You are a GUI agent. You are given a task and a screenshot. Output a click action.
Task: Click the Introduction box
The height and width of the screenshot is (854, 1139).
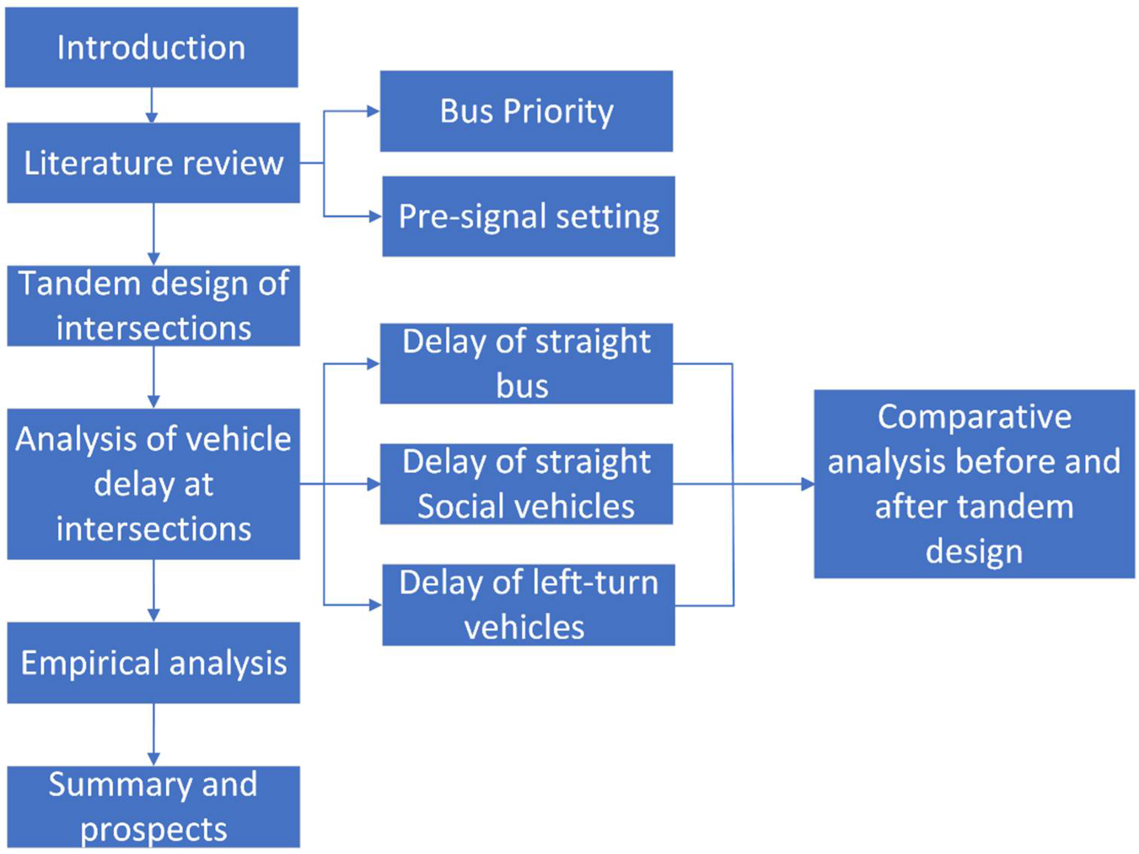click(152, 47)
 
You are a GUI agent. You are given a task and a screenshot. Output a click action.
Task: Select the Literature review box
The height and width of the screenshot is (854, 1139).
click(153, 163)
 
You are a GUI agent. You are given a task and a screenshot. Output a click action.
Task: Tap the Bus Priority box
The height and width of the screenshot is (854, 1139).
click(526, 111)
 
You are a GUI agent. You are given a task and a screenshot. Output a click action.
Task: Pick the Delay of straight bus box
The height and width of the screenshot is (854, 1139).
click(526, 363)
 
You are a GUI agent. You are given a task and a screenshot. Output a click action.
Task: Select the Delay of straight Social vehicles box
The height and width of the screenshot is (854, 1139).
click(526, 484)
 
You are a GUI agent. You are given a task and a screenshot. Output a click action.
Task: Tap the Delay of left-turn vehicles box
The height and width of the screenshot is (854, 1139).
click(528, 605)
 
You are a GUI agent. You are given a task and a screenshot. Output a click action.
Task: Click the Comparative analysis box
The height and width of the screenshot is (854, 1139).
click(974, 484)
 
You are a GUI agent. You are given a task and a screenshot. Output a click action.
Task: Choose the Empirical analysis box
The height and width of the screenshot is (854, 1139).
click(153, 663)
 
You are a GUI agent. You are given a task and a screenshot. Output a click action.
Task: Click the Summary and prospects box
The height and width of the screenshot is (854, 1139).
click(153, 807)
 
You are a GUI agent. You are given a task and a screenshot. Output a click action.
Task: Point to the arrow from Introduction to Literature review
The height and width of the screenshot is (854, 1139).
click(152, 105)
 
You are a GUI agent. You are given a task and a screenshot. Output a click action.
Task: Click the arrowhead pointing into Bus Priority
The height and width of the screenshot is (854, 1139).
click(373, 111)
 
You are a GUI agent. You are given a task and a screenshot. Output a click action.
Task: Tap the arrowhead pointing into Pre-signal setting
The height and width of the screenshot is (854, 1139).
click(375, 217)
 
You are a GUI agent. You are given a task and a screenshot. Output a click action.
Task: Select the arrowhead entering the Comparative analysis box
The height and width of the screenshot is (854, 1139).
click(808, 484)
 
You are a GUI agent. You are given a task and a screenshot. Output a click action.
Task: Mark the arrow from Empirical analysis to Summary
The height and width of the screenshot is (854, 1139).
click(153, 735)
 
